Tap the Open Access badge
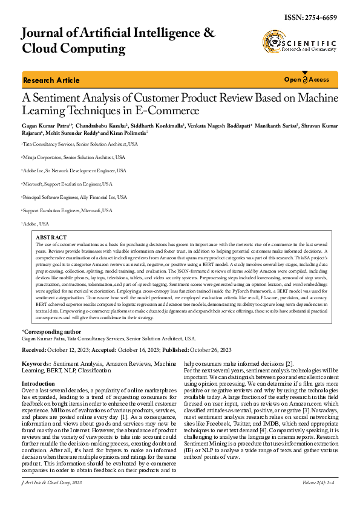point(307,80)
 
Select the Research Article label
point(51,80)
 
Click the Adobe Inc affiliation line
point(75,170)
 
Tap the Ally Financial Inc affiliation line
point(75,197)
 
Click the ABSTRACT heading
point(51,238)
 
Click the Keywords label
point(36,347)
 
